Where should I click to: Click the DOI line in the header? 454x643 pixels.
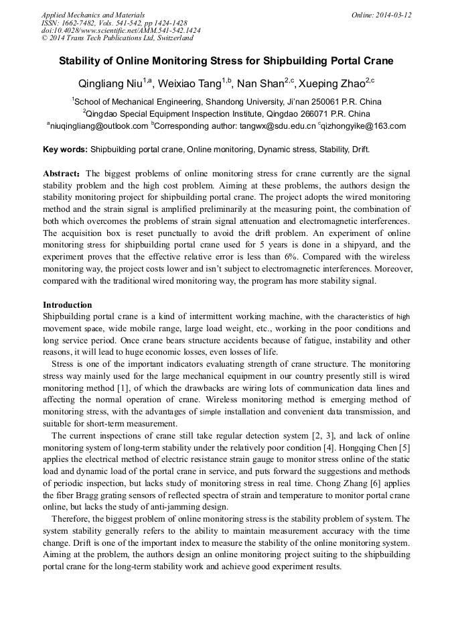click(121, 30)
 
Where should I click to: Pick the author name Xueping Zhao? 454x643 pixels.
click(333, 83)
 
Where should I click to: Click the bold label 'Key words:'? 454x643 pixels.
click(65, 149)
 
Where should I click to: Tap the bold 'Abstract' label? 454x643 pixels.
click(62, 173)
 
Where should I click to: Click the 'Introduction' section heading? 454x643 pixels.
click(68, 304)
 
